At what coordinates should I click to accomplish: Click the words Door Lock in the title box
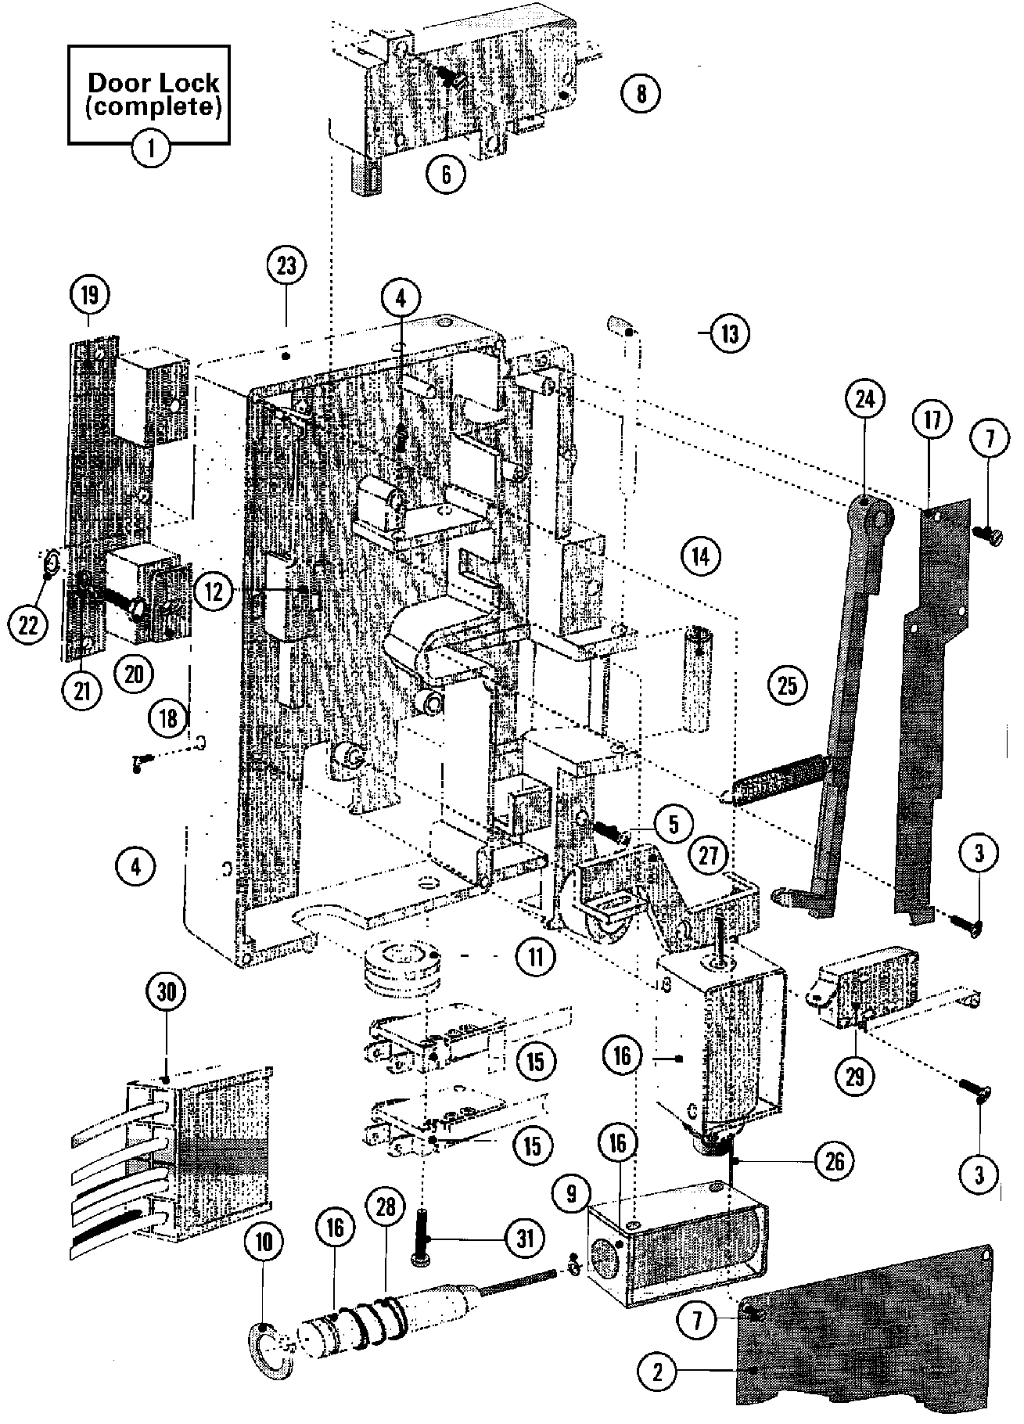153,81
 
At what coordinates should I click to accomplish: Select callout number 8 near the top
641,94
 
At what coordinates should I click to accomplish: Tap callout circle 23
286,266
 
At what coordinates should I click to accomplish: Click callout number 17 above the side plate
931,421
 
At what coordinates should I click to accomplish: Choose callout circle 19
90,296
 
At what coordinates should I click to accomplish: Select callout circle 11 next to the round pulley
535,956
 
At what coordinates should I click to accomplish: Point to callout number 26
835,1161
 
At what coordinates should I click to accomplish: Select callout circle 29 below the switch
855,1077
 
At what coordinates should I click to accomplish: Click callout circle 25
787,685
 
